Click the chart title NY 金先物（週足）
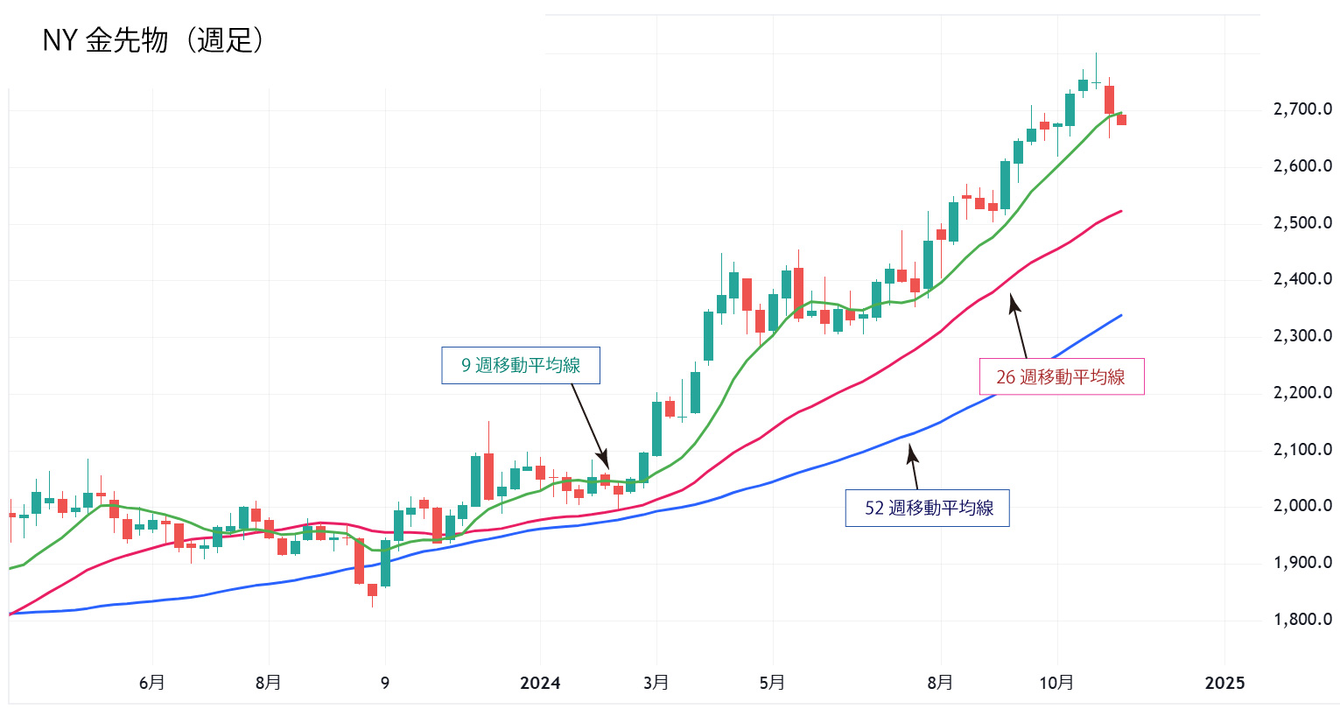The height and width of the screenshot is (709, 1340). (x=152, y=40)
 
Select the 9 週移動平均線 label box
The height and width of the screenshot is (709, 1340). (x=521, y=365)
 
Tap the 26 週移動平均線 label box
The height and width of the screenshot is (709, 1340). (x=1060, y=377)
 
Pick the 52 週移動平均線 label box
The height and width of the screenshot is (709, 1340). (x=928, y=508)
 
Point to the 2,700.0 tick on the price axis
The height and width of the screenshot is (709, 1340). (x=1302, y=109)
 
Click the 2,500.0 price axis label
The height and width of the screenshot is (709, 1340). (x=1302, y=222)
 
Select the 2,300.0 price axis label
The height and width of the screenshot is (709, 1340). (x=1302, y=336)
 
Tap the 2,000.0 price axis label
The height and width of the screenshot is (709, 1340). (x=1302, y=506)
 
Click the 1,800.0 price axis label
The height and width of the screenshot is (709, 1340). (x=1302, y=620)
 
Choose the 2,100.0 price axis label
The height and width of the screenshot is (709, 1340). (x=1302, y=450)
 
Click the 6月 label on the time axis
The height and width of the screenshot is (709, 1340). (x=152, y=683)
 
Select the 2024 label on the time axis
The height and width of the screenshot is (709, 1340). (x=540, y=683)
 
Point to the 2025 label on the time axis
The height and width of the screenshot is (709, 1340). (x=1224, y=683)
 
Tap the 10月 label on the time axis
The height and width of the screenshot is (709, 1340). (x=1056, y=683)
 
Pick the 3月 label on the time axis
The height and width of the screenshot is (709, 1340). (x=656, y=683)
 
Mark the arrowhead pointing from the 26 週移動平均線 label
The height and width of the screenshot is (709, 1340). (x=1013, y=300)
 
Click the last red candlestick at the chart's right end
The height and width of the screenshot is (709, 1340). (x=1121, y=120)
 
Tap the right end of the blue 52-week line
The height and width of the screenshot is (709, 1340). (x=1121, y=315)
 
